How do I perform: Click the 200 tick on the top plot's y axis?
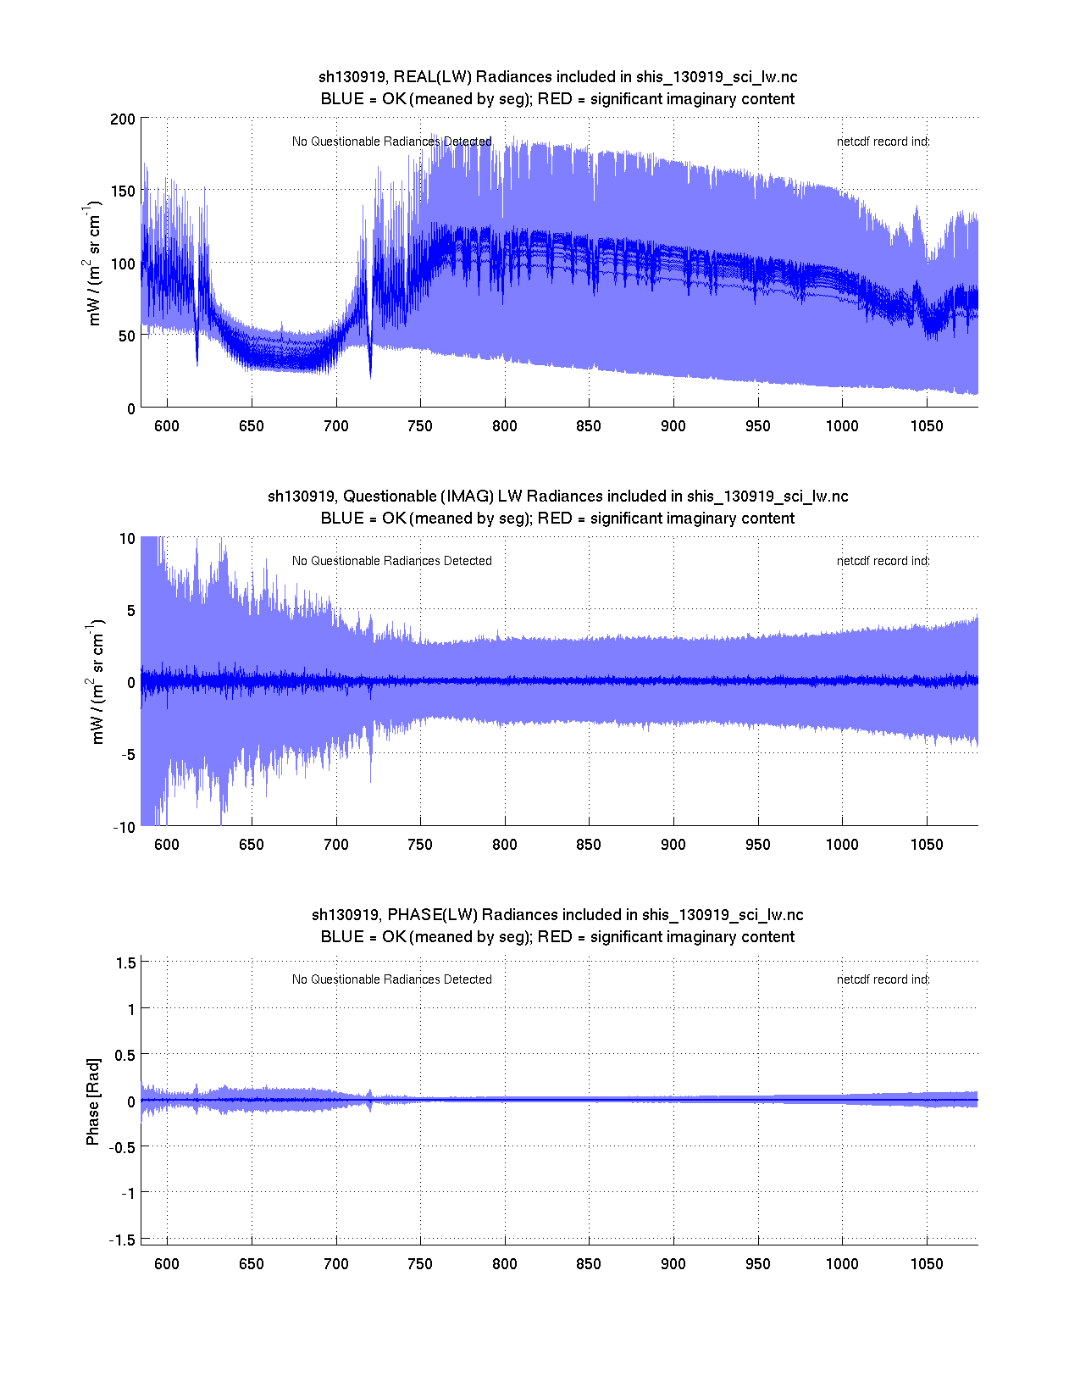(122, 119)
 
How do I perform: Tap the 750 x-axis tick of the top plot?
(420, 426)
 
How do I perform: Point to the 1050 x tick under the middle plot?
(927, 845)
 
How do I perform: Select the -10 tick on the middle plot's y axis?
(124, 828)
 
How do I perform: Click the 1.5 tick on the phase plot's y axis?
(125, 963)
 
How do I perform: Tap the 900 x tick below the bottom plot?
(673, 1264)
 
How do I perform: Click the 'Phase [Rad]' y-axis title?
(93, 1101)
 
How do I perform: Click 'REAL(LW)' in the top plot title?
(433, 77)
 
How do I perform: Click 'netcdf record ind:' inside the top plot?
(883, 141)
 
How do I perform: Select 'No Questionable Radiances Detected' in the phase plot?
(391, 979)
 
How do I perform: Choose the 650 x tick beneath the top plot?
(252, 426)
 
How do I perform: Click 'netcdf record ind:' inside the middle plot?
(883, 561)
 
